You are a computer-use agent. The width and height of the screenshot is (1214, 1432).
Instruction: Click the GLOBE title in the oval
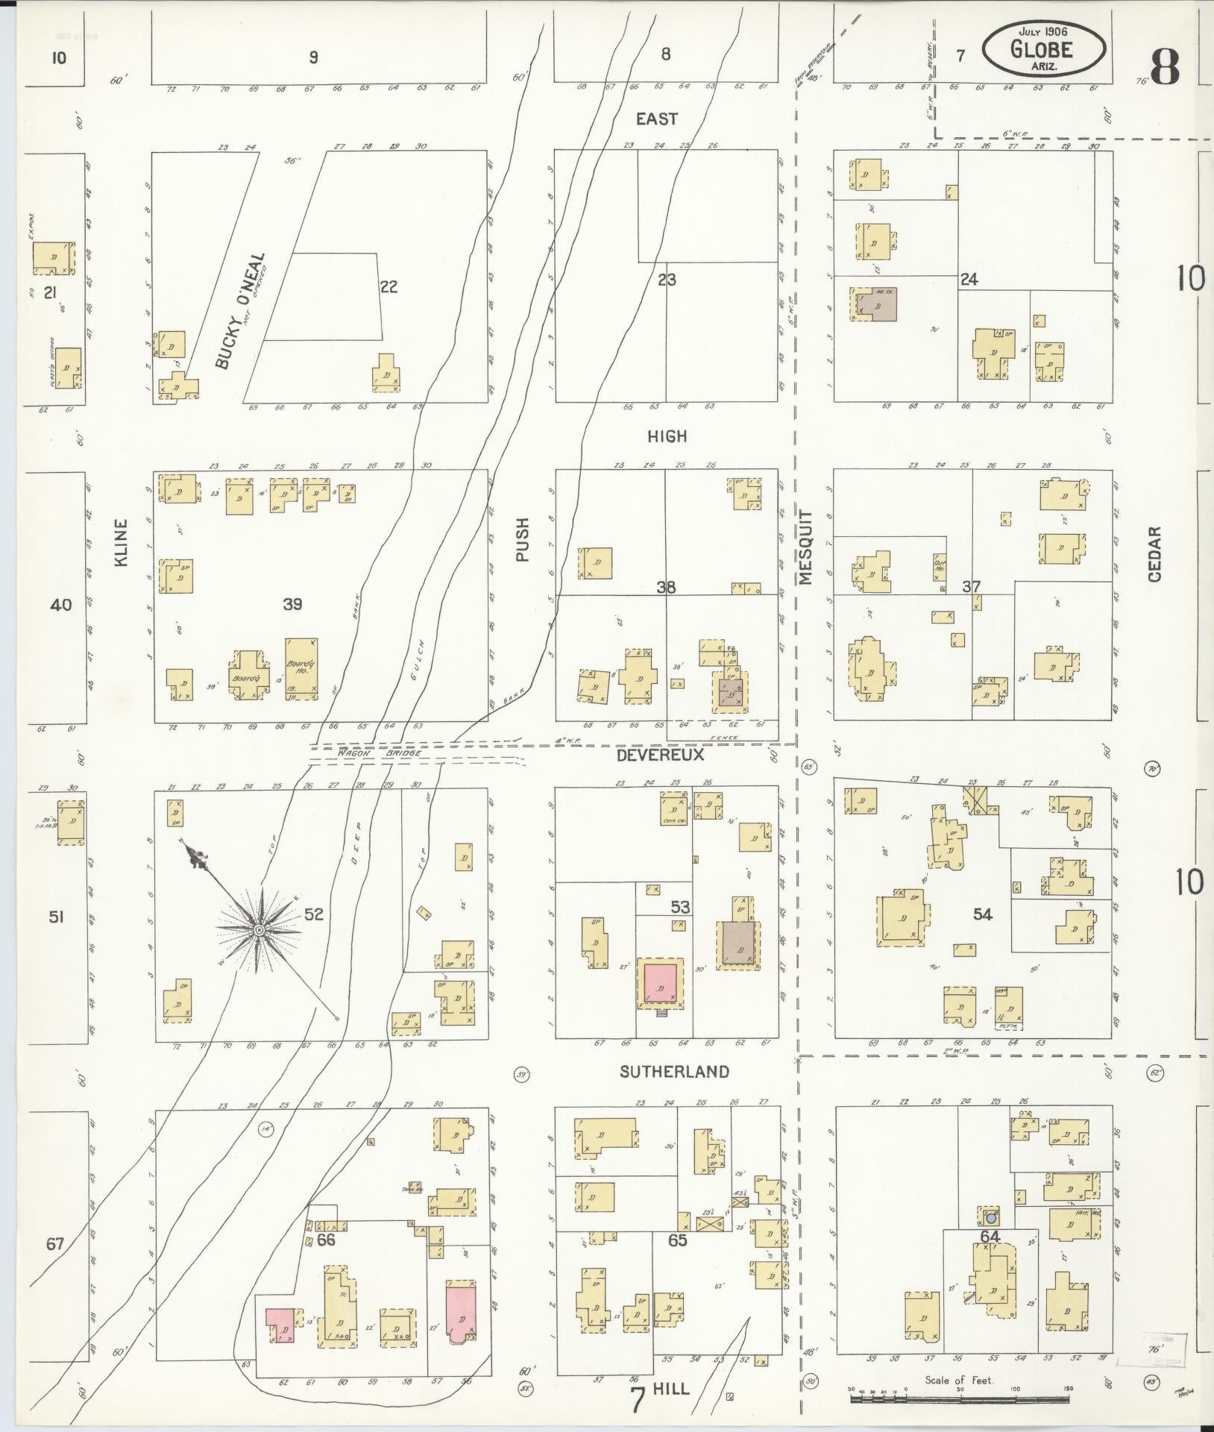(1042, 48)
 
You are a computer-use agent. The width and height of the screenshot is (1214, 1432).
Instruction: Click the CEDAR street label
(1154, 553)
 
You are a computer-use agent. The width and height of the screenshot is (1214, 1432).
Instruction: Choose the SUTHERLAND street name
(674, 1071)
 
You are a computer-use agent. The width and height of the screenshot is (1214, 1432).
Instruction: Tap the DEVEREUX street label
(661, 755)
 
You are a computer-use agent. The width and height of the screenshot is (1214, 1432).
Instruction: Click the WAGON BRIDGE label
(380, 753)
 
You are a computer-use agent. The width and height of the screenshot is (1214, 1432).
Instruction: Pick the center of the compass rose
(259, 929)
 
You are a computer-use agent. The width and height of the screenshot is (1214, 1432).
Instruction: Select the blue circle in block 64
(990, 1219)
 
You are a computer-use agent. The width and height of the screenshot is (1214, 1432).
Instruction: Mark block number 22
(389, 286)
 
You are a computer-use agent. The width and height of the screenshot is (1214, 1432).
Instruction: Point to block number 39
(292, 604)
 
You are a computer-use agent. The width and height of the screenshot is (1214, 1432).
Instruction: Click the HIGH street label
(667, 436)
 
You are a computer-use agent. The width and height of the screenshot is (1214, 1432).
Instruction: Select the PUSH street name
(521, 539)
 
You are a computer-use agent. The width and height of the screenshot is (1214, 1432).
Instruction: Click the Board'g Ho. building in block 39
(301, 668)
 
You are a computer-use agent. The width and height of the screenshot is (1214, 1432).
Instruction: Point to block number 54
(983, 914)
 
